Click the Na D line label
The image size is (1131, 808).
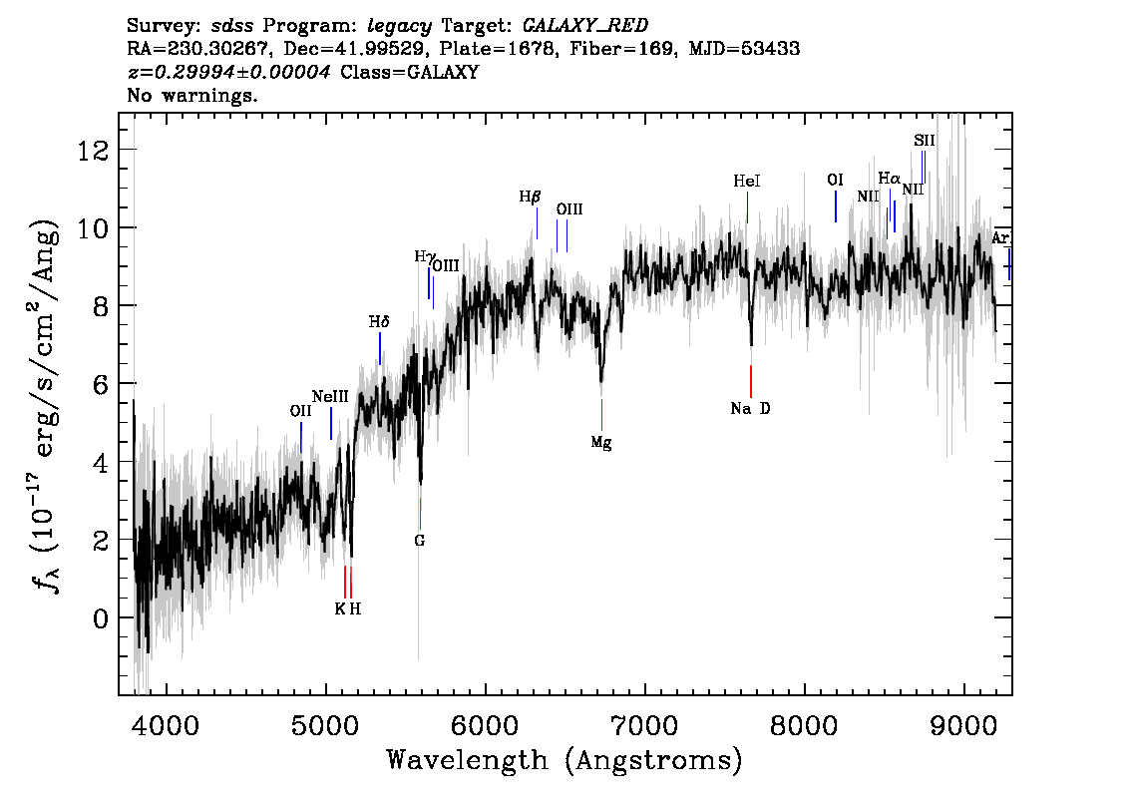[x=750, y=409]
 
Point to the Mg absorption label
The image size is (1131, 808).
[x=600, y=443]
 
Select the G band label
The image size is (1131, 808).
[x=419, y=541]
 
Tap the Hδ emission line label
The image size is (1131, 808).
[x=379, y=322]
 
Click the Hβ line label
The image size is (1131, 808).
[x=530, y=198]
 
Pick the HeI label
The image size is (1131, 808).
[x=747, y=182]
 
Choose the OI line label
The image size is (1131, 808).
[x=836, y=180]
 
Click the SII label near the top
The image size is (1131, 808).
[x=925, y=141]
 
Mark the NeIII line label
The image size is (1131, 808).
[x=330, y=396]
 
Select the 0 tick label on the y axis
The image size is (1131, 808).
[x=100, y=618]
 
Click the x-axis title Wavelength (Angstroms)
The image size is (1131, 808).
[x=565, y=761]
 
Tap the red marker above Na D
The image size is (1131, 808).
[x=751, y=381]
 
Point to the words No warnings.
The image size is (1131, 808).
[x=192, y=97]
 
